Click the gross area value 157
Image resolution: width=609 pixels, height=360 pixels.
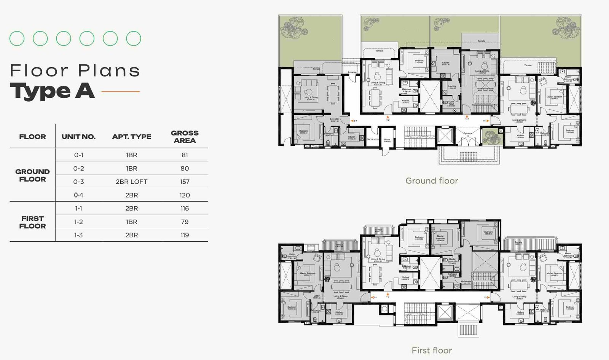[185, 182]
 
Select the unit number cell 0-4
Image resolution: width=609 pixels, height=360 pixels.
[78, 195]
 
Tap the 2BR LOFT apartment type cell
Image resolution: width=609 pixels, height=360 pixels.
[131, 182]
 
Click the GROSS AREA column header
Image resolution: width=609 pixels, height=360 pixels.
[185, 137]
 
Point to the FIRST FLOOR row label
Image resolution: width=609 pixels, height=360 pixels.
[32, 222]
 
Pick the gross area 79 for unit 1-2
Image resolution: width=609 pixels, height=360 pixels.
[185, 222]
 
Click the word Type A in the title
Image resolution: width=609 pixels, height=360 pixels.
[52, 91]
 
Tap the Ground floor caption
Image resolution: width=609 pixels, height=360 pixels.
[432, 181]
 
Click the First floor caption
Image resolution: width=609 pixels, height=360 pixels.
[432, 350]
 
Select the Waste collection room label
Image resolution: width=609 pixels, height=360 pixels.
[387, 140]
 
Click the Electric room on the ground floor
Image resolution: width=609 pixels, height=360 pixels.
[373, 139]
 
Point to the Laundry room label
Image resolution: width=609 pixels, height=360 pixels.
[452, 87]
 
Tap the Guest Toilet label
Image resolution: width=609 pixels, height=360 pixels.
[451, 104]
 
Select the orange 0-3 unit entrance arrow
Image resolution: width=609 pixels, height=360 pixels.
[467, 118]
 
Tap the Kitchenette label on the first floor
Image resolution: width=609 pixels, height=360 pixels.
[466, 282]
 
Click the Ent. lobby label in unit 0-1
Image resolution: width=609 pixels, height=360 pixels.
[335, 120]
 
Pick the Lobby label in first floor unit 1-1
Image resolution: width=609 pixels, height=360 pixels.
[316, 296]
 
